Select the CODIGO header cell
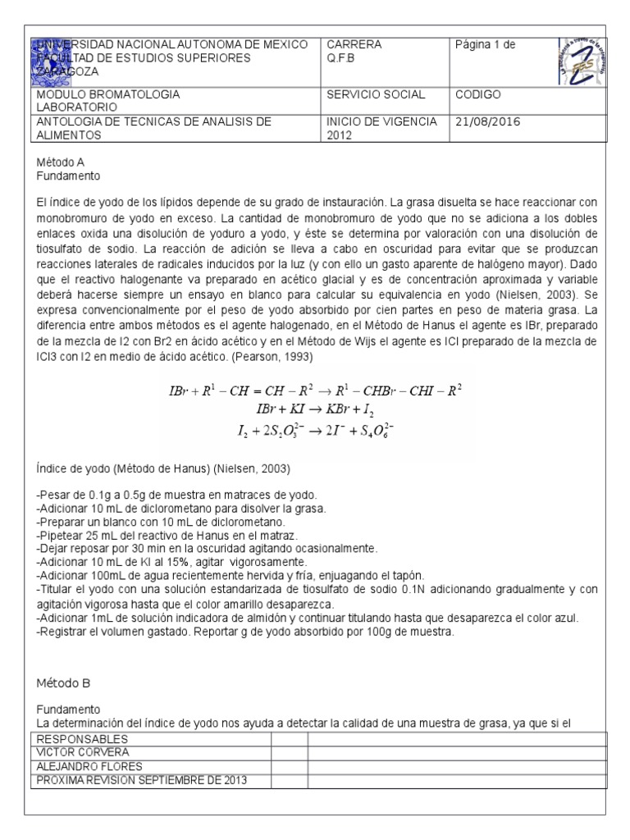click(x=477, y=94)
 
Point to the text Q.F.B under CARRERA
click(x=341, y=57)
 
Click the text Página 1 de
click(x=486, y=44)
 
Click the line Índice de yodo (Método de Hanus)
click(x=162, y=468)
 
